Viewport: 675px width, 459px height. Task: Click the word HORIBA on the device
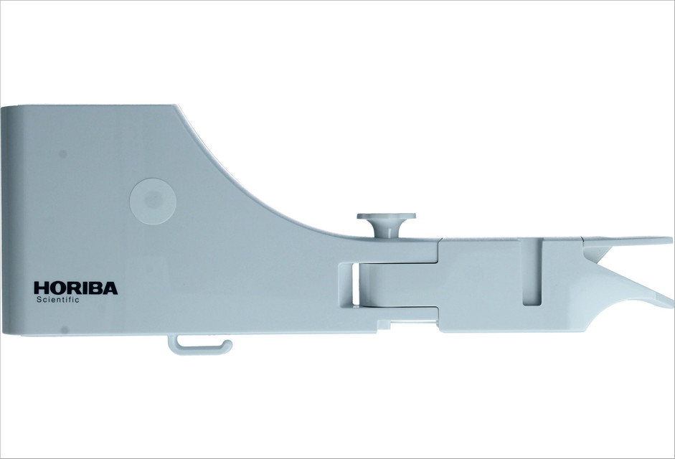[x=76, y=288]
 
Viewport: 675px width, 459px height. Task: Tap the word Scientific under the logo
[x=57, y=300]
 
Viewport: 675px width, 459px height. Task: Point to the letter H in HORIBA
[x=41, y=288]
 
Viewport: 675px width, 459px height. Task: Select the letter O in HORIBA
[x=57, y=288]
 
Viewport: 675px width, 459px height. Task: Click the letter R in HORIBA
[x=72, y=288]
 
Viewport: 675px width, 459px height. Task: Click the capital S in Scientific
[x=39, y=300]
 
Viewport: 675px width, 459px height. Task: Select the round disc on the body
[x=153, y=201]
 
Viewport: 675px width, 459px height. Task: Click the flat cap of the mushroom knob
[x=386, y=216]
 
